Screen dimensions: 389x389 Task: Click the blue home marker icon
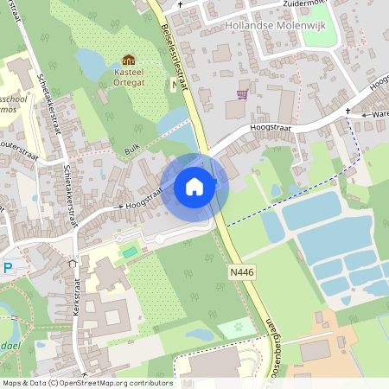194,186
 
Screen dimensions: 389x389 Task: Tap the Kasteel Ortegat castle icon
128,60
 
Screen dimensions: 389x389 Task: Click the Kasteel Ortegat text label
128,77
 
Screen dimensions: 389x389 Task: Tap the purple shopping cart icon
242,94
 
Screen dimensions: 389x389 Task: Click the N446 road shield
242,272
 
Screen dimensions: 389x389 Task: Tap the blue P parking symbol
8,268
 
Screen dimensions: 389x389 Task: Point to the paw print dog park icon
236,328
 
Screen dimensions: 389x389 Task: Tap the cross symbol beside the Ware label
348,112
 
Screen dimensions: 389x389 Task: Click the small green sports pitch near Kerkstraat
130,252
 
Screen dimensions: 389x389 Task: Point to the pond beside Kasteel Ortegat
92,62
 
